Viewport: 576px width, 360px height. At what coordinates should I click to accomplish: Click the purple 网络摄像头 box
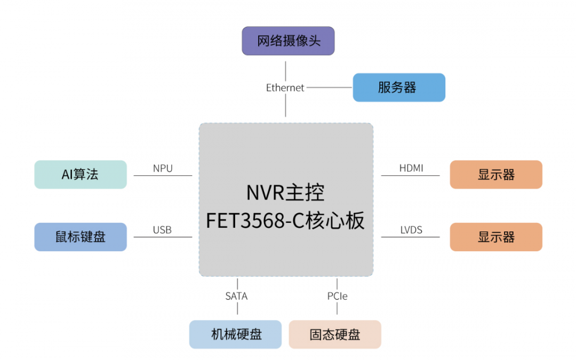tap(288, 42)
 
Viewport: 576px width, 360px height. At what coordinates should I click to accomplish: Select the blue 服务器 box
tap(398, 87)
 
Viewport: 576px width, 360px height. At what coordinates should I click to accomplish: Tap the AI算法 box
tap(81, 174)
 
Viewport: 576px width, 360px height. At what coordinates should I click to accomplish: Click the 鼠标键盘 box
tap(81, 237)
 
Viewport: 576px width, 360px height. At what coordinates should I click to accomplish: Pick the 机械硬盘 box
tap(235, 334)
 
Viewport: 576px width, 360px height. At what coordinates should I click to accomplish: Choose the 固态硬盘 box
tap(335, 334)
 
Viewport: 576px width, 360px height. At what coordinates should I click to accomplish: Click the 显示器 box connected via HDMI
tap(496, 174)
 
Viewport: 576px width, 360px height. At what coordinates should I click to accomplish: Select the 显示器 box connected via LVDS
tap(496, 237)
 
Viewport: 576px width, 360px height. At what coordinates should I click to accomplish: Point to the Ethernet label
tap(285, 87)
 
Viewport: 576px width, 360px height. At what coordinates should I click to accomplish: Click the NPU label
tap(163, 169)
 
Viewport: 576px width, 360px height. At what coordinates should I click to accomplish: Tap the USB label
tap(162, 230)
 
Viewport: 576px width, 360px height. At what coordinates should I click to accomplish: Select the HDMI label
tap(411, 169)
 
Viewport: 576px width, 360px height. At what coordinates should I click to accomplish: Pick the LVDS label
tap(411, 230)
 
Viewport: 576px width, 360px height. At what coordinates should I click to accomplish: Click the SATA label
tap(236, 296)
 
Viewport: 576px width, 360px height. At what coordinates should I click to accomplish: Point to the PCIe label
tap(337, 296)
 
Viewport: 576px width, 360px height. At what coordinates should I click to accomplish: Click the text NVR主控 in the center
tap(285, 193)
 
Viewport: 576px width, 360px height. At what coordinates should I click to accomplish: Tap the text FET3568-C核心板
tap(285, 220)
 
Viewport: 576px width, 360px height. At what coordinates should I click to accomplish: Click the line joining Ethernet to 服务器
tap(329, 87)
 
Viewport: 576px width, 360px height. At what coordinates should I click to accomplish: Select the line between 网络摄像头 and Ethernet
tap(285, 69)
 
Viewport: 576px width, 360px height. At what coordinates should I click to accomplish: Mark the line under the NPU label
tap(163, 175)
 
